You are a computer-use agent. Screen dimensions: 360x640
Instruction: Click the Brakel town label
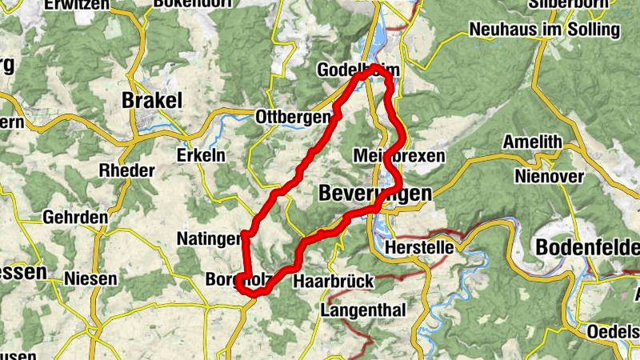pyautogui.click(x=152, y=101)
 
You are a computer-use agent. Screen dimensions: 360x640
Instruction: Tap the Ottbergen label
pyautogui.click(x=292, y=118)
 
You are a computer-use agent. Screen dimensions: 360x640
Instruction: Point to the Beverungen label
pyautogui.click(x=374, y=194)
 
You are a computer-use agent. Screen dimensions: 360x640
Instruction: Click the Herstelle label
pyautogui.click(x=419, y=248)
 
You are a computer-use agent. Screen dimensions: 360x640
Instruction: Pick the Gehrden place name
pyautogui.click(x=75, y=218)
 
